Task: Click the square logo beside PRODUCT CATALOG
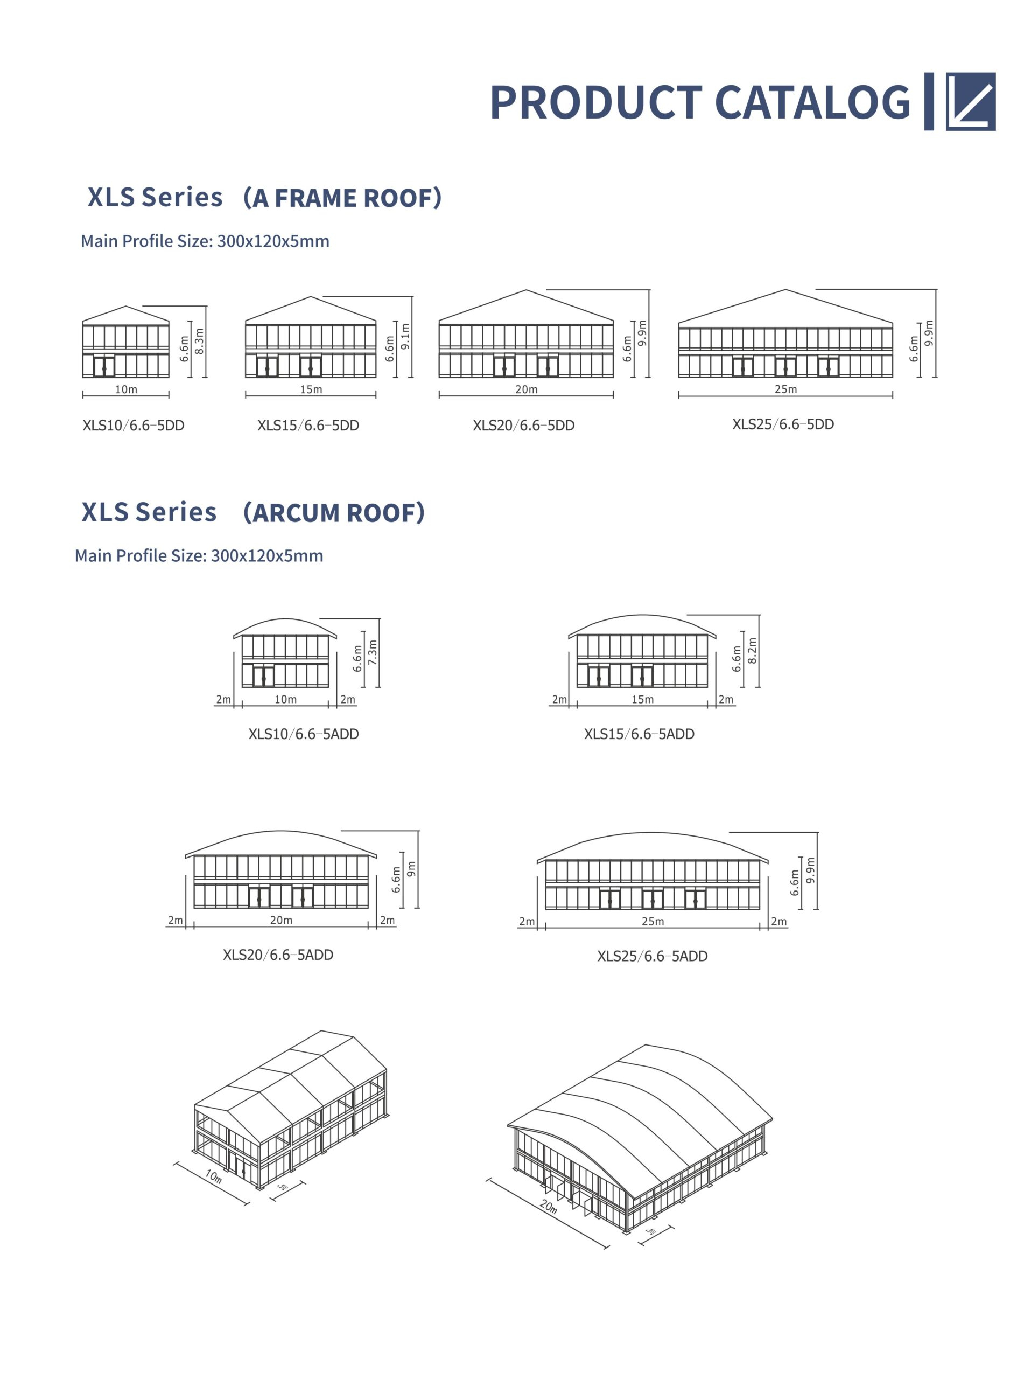point(970,101)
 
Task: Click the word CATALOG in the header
point(812,102)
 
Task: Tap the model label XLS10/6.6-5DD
point(134,426)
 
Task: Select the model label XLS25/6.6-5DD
point(783,424)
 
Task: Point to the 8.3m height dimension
point(199,341)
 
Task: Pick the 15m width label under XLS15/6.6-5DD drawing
point(311,389)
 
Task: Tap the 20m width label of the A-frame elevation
point(527,389)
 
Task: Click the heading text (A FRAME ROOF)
point(342,198)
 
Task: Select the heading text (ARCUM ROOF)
point(334,512)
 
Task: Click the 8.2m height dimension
point(753,650)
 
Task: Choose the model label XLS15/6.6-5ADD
point(639,734)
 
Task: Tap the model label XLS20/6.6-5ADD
point(278,955)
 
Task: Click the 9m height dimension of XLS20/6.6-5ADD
point(411,868)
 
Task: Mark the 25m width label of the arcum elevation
point(653,922)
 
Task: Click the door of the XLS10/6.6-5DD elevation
point(104,367)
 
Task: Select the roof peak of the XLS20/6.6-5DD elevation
point(527,290)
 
